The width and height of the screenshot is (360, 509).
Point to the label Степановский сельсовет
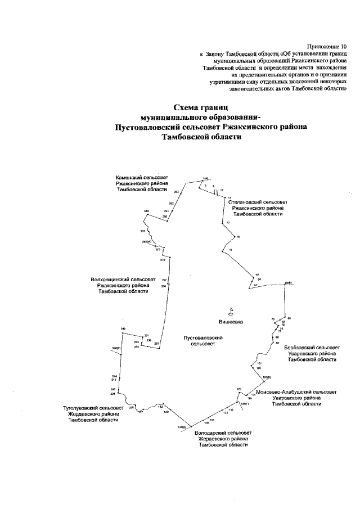click(x=258, y=201)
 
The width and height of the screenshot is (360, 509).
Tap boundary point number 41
click(x=231, y=249)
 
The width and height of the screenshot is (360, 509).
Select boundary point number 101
click(x=259, y=364)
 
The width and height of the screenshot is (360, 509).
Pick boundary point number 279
click(x=163, y=260)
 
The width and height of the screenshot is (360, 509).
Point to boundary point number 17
click(x=228, y=223)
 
